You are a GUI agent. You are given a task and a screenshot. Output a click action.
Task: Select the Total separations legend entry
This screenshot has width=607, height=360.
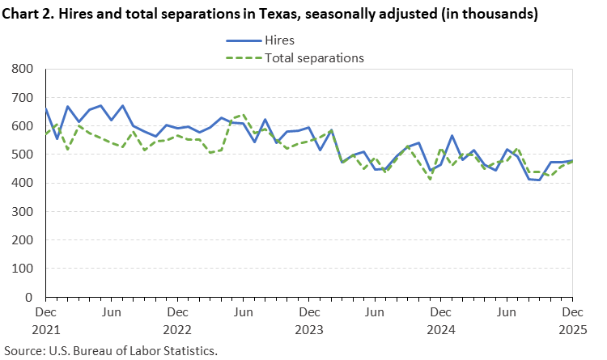click(x=315, y=57)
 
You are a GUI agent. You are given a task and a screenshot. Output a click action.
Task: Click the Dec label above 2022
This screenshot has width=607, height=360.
click(x=177, y=311)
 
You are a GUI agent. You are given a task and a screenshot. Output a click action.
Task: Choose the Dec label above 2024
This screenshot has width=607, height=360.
click(x=440, y=311)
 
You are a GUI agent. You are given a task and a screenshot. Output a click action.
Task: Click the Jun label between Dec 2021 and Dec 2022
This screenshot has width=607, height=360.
click(x=112, y=311)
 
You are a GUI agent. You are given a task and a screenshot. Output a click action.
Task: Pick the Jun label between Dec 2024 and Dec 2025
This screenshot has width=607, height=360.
click(x=507, y=311)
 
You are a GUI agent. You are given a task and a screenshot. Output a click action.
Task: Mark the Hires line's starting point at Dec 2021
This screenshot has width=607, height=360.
click(x=45, y=109)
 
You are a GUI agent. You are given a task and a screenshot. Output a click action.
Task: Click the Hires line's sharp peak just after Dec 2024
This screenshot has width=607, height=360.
click(x=452, y=136)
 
